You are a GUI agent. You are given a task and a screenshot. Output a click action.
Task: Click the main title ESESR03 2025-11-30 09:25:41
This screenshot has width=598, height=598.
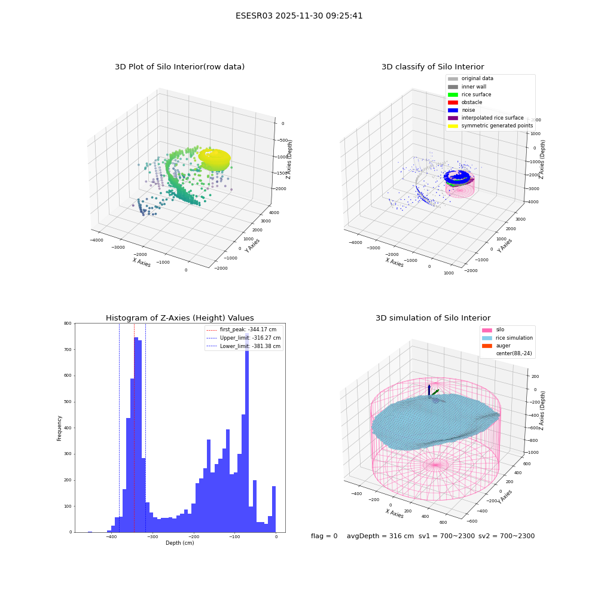tap(299, 16)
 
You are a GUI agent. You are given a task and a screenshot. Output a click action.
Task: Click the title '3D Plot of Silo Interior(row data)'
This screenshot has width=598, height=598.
tap(179, 67)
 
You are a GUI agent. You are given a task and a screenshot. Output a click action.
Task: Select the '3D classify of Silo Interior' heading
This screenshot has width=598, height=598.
tap(433, 67)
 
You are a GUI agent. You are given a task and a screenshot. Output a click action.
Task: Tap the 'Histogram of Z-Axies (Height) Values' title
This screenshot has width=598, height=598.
tap(179, 318)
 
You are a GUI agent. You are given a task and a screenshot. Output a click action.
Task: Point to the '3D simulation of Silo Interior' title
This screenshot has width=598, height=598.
tap(433, 318)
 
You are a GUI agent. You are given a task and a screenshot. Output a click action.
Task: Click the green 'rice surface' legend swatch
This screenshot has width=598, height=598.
tap(453, 94)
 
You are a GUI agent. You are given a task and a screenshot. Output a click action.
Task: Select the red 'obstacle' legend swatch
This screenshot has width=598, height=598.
tap(453, 103)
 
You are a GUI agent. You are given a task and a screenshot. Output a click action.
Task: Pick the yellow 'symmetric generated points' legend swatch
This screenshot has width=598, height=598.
tap(453, 126)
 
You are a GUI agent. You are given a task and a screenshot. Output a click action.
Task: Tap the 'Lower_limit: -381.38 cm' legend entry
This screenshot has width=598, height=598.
tap(243, 346)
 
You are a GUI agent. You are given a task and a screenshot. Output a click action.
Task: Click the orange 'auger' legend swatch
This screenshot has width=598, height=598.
tap(487, 346)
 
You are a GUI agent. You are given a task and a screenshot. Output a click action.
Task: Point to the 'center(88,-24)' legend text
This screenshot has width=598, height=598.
tap(514, 353)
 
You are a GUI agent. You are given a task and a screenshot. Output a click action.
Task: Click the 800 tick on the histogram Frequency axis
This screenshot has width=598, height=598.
tap(68, 324)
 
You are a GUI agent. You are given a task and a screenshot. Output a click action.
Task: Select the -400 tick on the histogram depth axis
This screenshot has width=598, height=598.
tap(111, 536)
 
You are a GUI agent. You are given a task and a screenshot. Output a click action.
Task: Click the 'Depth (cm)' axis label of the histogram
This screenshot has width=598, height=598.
tap(179, 543)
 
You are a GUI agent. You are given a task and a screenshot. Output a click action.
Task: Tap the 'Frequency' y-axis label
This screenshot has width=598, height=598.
tap(59, 428)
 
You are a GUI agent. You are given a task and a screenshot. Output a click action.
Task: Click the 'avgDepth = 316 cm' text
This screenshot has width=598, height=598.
tap(380, 536)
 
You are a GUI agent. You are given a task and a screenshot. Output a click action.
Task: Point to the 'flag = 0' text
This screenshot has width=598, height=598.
tap(324, 536)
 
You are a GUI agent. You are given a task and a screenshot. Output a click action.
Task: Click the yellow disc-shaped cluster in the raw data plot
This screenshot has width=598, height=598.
tap(214, 160)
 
